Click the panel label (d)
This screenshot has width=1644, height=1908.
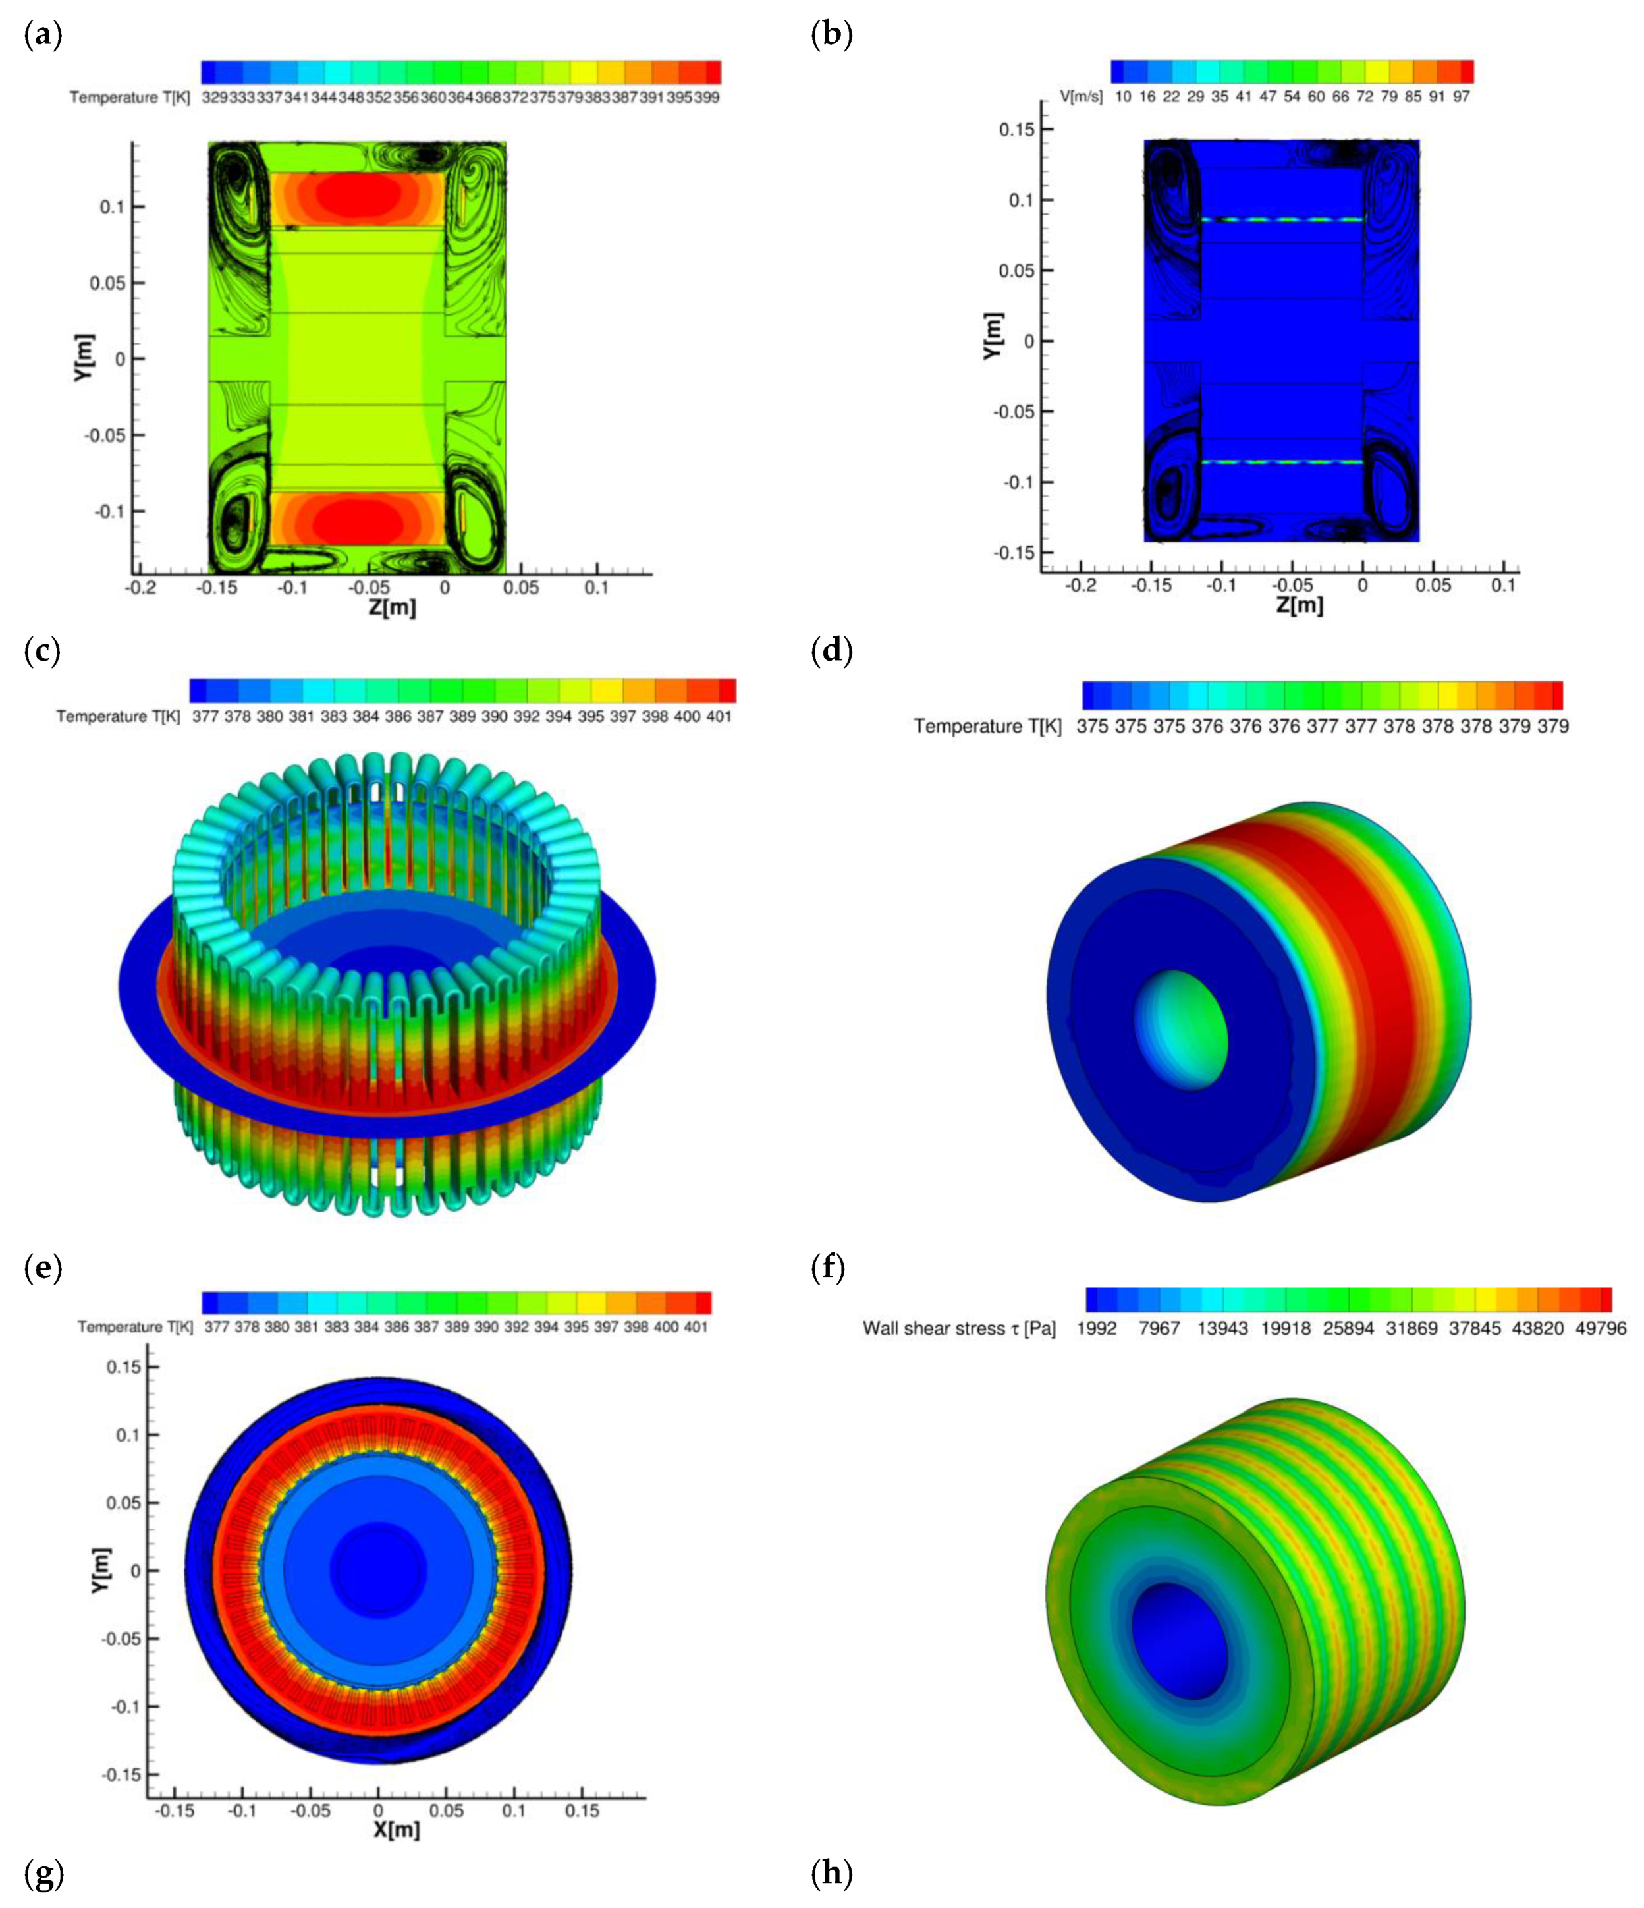coord(832,651)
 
